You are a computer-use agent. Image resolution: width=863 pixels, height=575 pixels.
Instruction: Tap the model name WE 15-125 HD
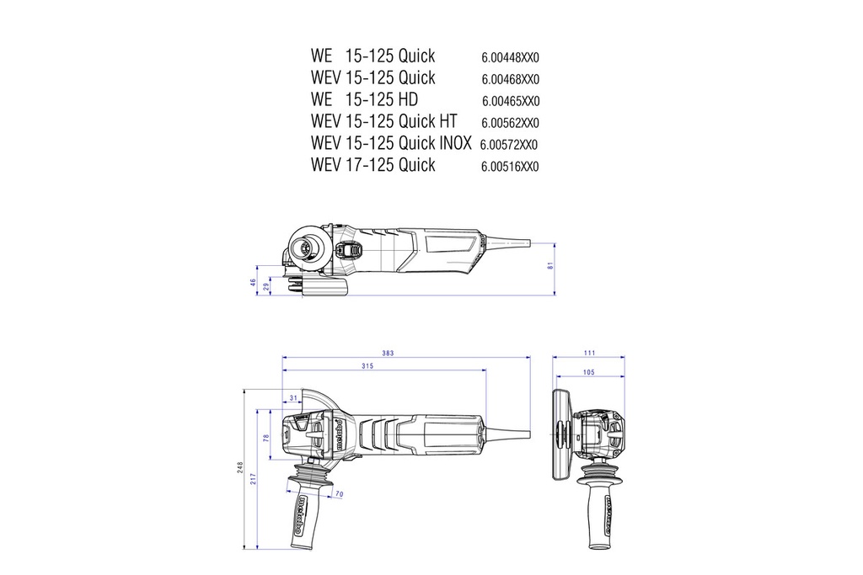[364, 99]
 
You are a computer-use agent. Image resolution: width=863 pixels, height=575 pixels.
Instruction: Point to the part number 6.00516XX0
[510, 167]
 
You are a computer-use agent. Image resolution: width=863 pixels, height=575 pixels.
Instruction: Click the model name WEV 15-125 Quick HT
[383, 121]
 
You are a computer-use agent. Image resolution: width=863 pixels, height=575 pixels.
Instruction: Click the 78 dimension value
[266, 439]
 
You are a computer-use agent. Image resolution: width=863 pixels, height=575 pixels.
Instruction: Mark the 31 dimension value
[293, 397]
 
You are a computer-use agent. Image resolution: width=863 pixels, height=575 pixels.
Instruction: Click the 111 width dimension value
[589, 353]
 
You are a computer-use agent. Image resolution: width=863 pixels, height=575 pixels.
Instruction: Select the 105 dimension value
[588, 371]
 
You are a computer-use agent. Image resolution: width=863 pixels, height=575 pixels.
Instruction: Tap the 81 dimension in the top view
[550, 267]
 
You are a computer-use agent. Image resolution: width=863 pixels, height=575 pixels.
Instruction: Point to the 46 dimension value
[253, 283]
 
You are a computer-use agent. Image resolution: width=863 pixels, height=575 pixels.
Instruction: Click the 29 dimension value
[266, 287]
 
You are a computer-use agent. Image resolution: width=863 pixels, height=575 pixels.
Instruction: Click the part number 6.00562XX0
[510, 123]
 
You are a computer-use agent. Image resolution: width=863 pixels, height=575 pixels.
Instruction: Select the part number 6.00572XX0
[509, 145]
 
